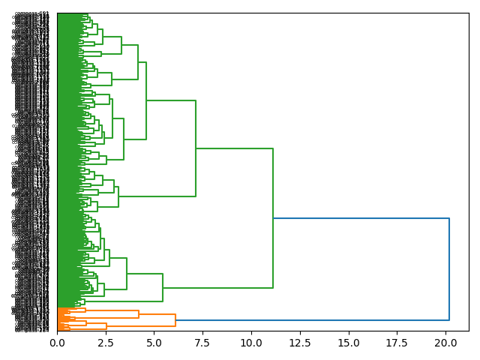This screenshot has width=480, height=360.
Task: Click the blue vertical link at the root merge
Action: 449,269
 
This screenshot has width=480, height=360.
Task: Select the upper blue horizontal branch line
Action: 361,218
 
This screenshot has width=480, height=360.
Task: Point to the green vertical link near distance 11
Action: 273,218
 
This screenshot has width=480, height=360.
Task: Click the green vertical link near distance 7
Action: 196,148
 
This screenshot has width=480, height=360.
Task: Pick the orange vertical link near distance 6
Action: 175,320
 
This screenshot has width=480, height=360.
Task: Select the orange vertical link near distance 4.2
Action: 139,314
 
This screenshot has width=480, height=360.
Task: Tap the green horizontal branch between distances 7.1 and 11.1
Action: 234,148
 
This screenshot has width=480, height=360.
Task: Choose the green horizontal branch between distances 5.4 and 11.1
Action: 217,288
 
